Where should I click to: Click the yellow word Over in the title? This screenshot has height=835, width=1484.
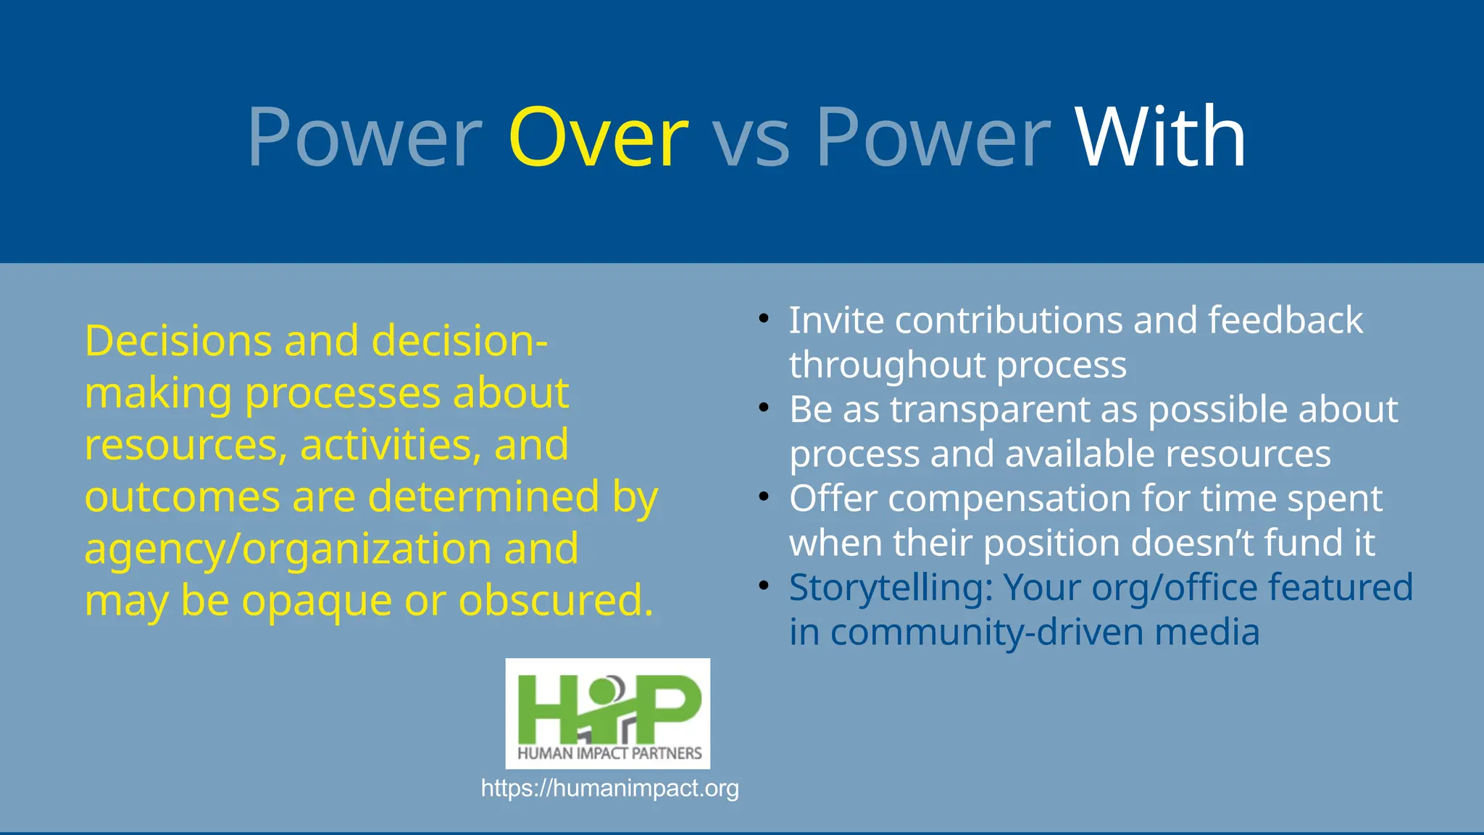pos(599,138)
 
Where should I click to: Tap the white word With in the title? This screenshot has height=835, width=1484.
pos(1160,138)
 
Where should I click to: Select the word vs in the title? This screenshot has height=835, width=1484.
pos(751,141)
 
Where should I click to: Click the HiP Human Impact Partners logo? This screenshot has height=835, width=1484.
pos(607,713)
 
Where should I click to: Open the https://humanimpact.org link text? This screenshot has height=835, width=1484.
pos(609,788)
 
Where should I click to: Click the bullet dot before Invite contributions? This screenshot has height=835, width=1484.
pos(763,319)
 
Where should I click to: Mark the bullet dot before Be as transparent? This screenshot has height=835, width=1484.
pos(763,408)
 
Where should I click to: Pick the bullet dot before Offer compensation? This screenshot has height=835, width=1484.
pos(763,497)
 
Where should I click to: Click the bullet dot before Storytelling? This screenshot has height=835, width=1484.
pos(763,586)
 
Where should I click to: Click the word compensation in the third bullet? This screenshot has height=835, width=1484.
pos(1009,499)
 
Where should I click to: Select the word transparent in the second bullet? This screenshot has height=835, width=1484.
pos(990,410)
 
